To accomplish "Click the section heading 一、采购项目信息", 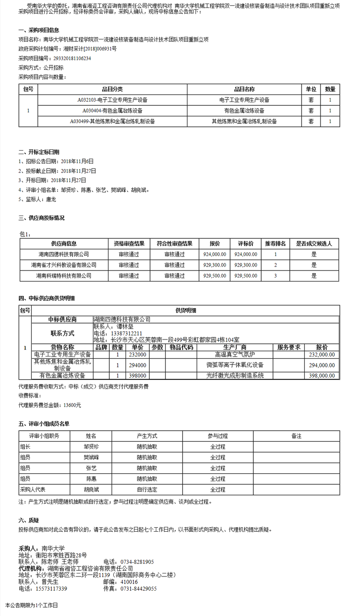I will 39,30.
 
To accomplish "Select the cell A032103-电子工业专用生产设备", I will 112,100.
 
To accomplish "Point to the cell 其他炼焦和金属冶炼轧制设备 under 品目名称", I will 244,121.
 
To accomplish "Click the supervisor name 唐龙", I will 51,199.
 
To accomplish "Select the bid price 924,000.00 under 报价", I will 215,254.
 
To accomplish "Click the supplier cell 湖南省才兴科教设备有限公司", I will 64,265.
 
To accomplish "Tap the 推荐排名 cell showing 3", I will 275,276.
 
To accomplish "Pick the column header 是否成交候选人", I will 314,243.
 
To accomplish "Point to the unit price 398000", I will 137,376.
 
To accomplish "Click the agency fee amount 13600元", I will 72,405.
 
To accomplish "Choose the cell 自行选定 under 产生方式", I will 147,489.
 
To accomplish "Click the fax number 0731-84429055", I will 138,589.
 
